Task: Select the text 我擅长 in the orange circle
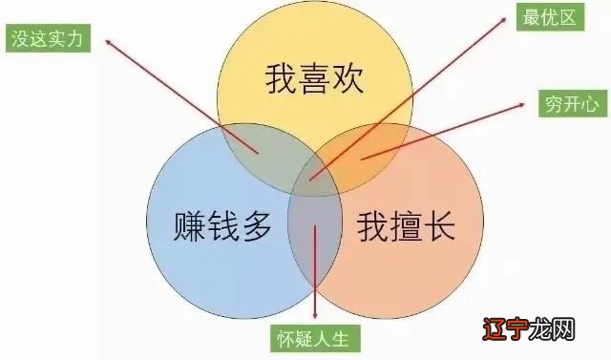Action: click(x=406, y=227)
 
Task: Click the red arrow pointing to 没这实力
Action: click(x=181, y=95)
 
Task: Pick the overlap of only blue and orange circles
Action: click(x=315, y=229)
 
